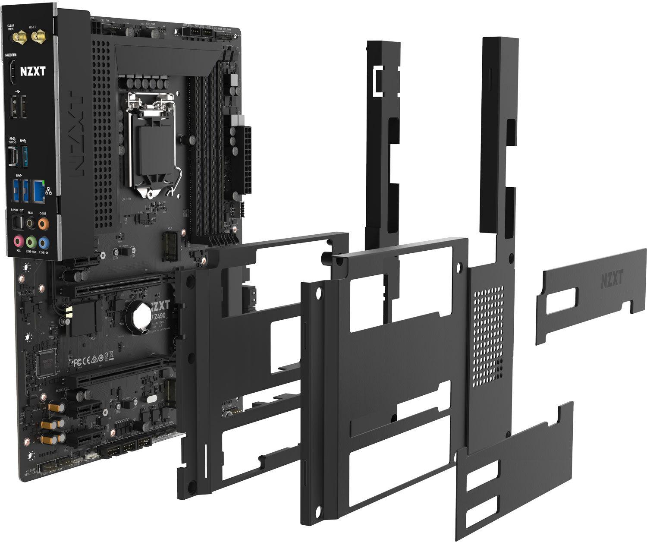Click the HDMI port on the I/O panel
pos(13,74)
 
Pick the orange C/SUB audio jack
pos(43,224)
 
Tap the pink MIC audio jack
pos(19,241)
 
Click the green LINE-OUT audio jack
pos(31,241)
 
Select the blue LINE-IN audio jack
pos(43,241)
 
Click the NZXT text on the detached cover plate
pos(612,280)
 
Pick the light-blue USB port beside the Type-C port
pos(25,155)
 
